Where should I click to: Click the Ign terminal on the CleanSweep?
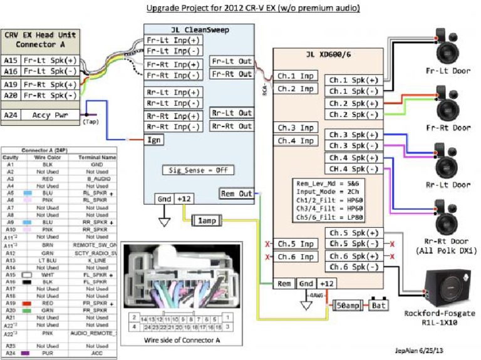tap(155, 140)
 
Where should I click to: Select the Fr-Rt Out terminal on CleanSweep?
tap(232, 74)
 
